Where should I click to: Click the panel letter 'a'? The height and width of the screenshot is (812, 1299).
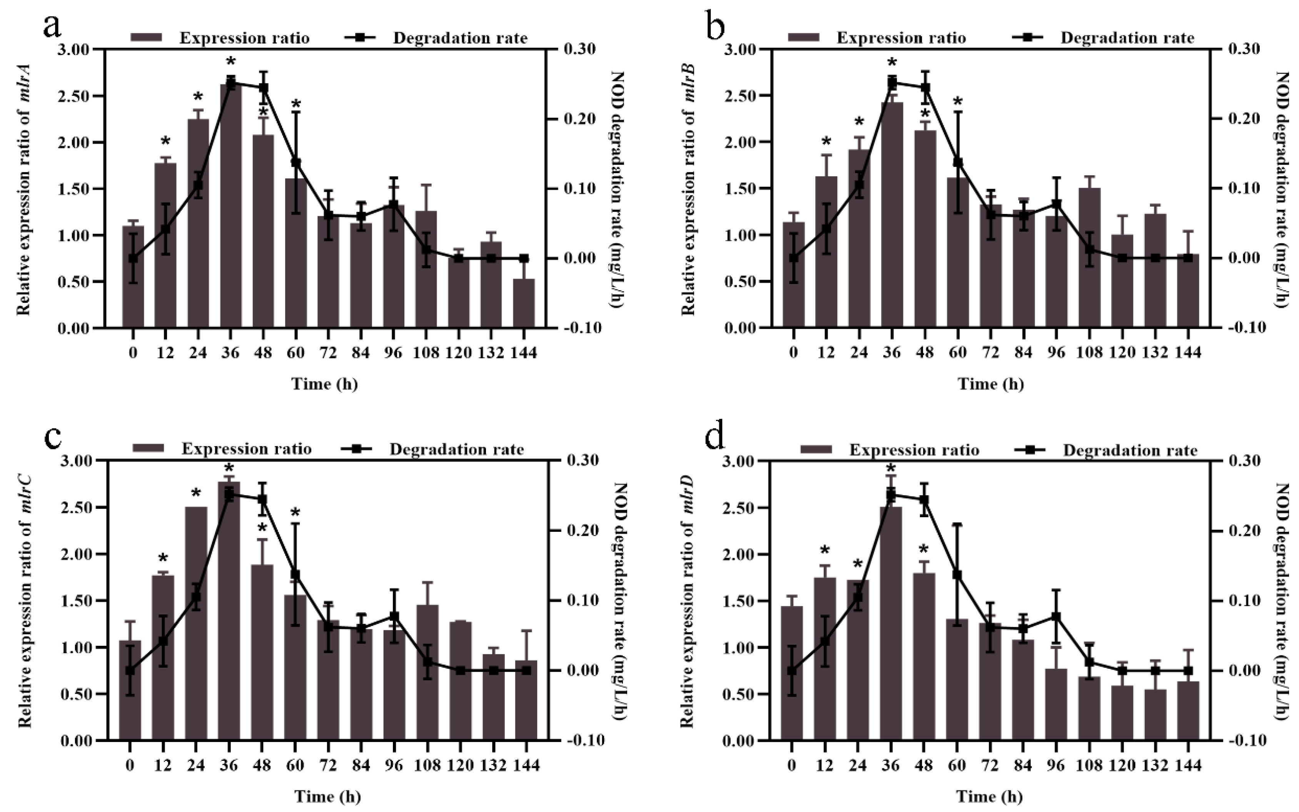click(52, 26)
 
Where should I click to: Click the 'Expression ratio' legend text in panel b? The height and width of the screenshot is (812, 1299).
click(901, 38)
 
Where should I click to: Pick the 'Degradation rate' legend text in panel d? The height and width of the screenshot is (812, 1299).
click(1130, 450)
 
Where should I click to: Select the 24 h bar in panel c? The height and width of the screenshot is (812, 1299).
click(196, 623)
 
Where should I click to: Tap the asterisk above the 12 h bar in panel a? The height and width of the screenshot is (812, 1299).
click(165, 142)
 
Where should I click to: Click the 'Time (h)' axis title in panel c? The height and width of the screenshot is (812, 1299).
click(327, 797)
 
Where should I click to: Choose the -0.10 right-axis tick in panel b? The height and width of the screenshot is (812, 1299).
click(1243, 327)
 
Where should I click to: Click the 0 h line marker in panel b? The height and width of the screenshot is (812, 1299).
click(794, 258)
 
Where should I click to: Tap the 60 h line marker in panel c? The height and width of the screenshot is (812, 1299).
click(295, 575)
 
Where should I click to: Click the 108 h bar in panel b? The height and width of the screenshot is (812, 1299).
click(1090, 258)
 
